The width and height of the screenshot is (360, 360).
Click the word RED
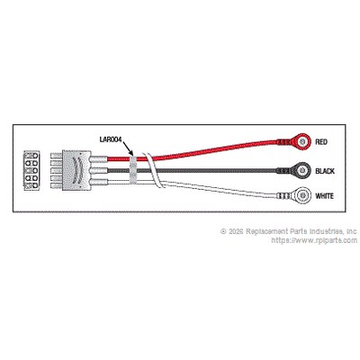click(x=321, y=141)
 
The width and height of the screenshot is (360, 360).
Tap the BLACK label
click(x=325, y=171)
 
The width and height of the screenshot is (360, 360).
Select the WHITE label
click(x=324, y=196)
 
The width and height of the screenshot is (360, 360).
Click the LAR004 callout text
click(x=111, y=139)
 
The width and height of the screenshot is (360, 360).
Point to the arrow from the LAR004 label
click(x=128, y=148)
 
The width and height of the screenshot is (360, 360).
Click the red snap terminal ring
click(x=301, y=140)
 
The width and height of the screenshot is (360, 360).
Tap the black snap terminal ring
click(x=301, y=170)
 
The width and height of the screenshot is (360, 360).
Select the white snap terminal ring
click(x=301, y=195)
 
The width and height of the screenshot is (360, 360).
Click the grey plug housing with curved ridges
click(x=76, y=171)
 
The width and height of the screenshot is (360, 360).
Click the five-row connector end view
click(x=31, y=171)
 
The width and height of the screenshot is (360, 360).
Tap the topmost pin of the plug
click(x=57, y=157)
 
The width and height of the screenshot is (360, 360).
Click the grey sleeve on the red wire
click(x=99, y=157)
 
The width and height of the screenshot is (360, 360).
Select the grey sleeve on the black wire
click(x=99, y=171)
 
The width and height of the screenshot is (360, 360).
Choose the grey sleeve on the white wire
click(x=99, y=182)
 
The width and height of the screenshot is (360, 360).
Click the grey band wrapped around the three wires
click(x=132, y=170)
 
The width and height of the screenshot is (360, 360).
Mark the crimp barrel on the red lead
click(x=283, y=141)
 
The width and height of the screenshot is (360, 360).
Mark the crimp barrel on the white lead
click(x=283, y=196)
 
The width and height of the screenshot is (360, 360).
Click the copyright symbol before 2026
click(x=223, y=231)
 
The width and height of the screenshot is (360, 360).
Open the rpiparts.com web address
click(x=314, y=240)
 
